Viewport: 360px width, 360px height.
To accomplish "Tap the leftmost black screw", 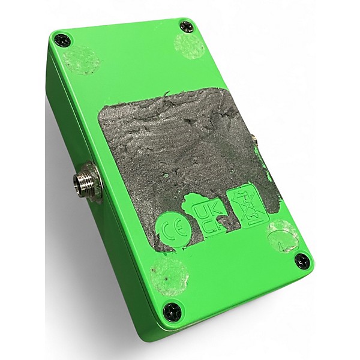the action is coord(62,40).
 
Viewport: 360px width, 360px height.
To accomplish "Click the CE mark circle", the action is coord(173,230).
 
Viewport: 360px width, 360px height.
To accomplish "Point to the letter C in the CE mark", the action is coord(167,230).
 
